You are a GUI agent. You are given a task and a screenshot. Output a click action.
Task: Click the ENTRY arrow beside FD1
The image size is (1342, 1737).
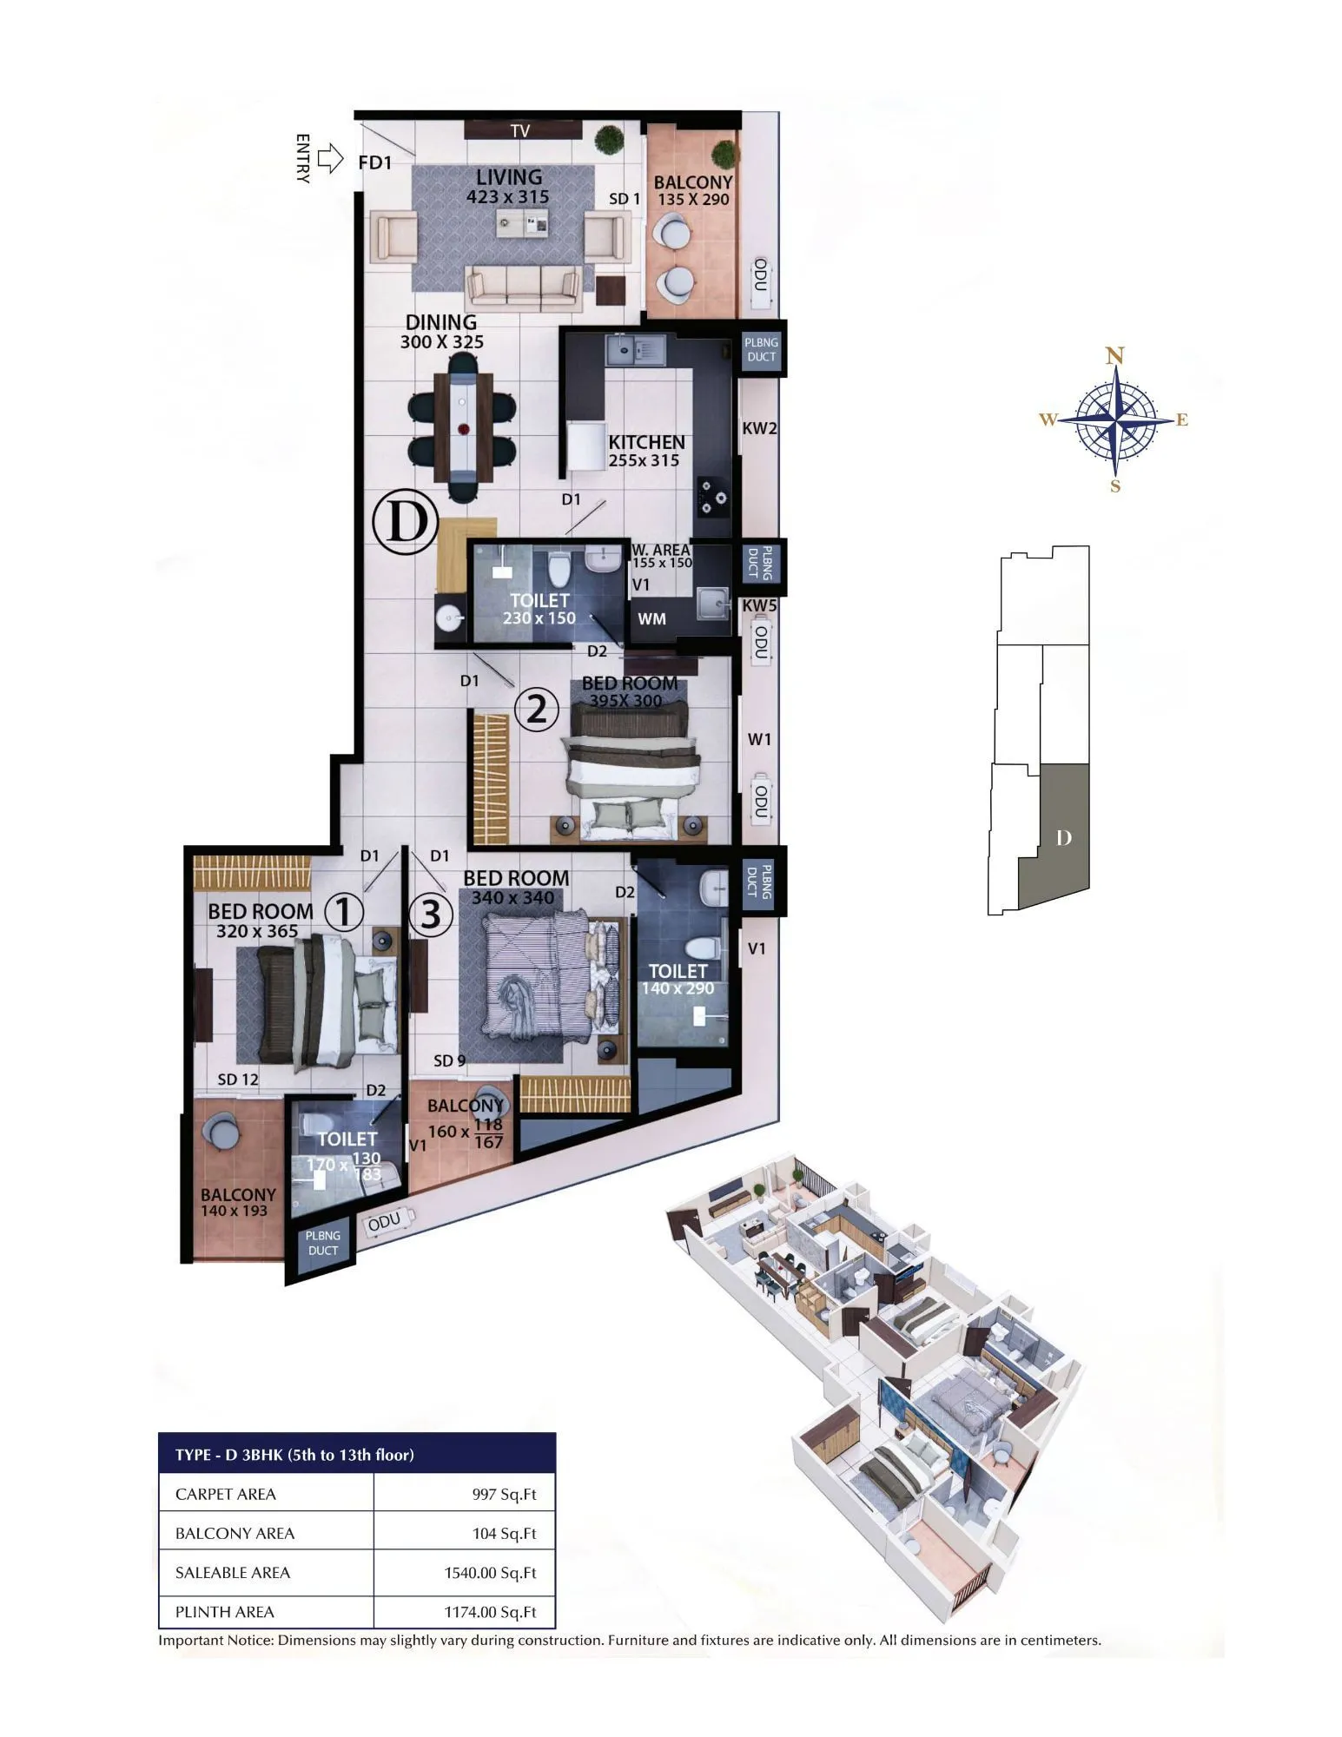[x=330, y=159]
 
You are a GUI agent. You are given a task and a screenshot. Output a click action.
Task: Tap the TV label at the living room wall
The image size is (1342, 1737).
[x=520, y=131]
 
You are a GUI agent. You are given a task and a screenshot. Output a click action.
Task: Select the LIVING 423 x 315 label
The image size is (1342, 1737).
[x=508, y=187]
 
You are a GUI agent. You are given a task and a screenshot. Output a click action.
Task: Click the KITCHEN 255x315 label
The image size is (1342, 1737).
[x=645, y=451]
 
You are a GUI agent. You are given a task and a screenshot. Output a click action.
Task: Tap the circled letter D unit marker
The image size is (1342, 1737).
[x=405, y=523]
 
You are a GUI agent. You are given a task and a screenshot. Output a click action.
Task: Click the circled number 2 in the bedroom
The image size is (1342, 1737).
[x=537, y=710]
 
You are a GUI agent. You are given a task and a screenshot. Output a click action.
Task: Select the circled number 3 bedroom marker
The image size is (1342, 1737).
[x=431, y=915]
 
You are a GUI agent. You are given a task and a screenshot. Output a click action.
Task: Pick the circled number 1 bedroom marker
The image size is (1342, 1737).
[x=344, y=913]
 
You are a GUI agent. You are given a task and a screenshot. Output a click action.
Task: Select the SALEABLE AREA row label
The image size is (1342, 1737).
[x=233, y=1572]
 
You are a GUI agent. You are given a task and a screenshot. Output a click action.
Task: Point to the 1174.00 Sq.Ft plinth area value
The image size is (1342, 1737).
[x=490, y=1612]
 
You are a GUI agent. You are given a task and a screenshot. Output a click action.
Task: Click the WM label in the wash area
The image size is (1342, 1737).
[x=652, y=619]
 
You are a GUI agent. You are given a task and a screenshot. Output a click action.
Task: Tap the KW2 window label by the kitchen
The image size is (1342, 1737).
[x=759, y=428]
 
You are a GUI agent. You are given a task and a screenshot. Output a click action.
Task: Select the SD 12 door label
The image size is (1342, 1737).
[x=238, y=1080]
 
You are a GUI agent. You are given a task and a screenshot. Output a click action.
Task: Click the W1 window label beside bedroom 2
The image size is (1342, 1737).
[x=759, y=739]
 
